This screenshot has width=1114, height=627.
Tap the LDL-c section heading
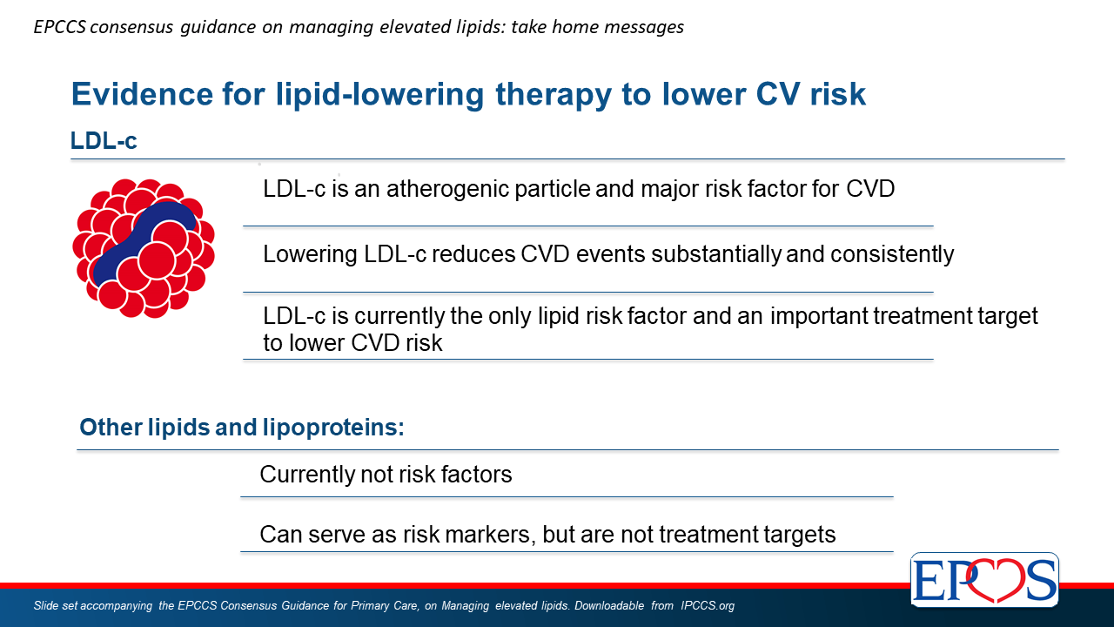point(104,140)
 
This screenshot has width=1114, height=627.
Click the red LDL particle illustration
point(144,248)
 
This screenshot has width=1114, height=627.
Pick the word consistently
point(892,254)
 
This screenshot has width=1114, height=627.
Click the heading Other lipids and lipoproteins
point(242,427)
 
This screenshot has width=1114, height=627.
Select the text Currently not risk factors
point(386,475)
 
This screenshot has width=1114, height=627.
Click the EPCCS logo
point(984,579)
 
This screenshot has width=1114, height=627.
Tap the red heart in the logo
point(994,580)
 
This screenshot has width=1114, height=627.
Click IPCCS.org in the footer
point(708,605)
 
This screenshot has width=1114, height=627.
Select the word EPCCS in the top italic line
point(60,27)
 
